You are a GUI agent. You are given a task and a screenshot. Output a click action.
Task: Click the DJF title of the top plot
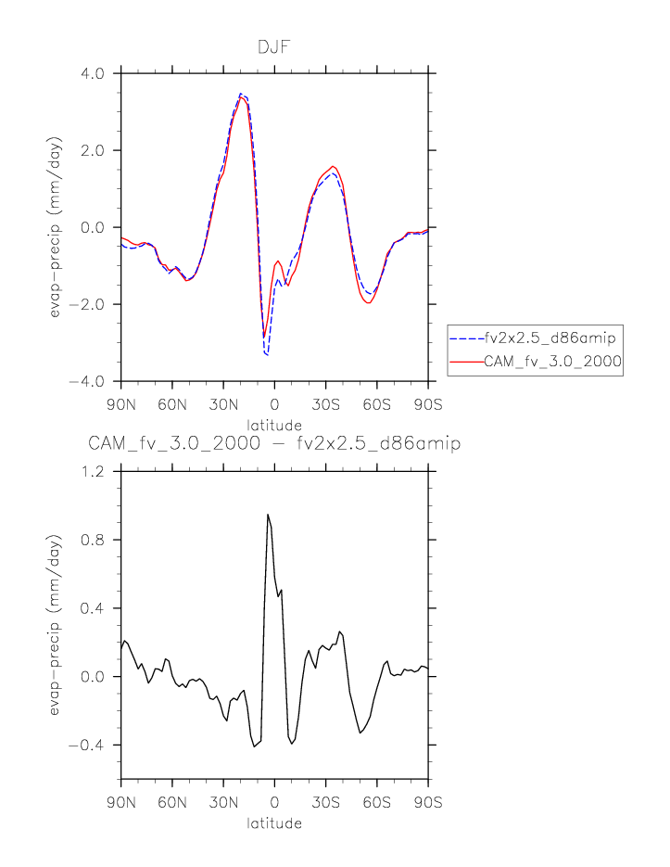[x=274, y=46]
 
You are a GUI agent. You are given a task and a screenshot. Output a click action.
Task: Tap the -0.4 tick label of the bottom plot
[x=92, y=746]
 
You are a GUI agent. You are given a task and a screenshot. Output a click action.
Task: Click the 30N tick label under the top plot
[x=223, y=405]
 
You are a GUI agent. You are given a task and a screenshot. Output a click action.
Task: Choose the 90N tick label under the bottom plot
[x=120, y=802]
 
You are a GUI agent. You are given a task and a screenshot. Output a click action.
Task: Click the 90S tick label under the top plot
[x=428, y=405]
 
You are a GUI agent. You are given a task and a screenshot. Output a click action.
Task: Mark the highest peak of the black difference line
[x=268, y=515]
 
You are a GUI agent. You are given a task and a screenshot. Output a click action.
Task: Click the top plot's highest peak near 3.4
[x=241, y=95]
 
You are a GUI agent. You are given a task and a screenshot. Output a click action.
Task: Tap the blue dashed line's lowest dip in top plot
[x=267, y=354]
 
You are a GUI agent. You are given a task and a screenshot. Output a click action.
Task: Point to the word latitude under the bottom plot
[x=274, y=822]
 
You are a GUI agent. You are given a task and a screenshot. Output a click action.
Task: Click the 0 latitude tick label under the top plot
[x=274, y=405]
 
